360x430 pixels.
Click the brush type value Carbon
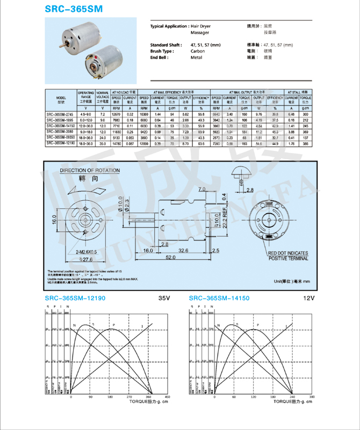[x=198, y=51]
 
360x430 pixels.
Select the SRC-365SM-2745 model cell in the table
[x=60, y=114]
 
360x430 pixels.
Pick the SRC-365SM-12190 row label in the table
[x=60, y=143]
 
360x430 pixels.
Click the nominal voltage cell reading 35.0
[x=102, y=143]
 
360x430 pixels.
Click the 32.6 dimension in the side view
[x=183, y=250]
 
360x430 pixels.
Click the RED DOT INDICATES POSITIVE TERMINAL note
[x=289, y=255]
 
